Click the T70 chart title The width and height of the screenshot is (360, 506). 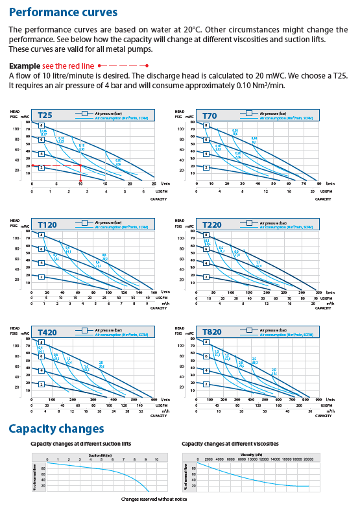point(210,116)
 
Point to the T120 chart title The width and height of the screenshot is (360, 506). point(49,224)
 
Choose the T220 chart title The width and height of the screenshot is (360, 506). point(213,224)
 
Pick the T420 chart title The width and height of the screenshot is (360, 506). point(49,332)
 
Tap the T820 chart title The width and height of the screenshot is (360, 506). point(213,332)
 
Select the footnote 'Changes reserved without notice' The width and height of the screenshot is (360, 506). point(153,498)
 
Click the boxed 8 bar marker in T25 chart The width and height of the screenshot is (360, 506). point(42,125)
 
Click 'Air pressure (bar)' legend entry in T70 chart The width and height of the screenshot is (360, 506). point(273,113)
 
